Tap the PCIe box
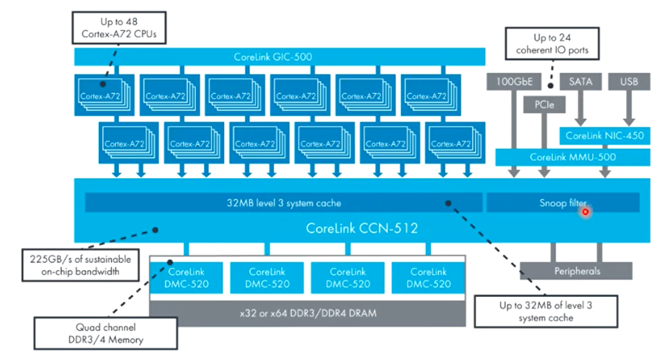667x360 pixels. pos(544,105)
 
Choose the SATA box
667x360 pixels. pos(580,82)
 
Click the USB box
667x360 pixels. pos(628,82)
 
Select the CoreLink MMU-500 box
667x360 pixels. pos(572,157)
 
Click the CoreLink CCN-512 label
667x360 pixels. pos(362,228)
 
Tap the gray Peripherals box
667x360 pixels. pos(576,271)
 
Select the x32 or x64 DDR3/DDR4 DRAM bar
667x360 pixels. pos(307,313)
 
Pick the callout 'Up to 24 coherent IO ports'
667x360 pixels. pos(552,44)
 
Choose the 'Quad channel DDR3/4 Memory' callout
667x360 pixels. pos(105,333)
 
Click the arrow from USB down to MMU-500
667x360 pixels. pos(628,108)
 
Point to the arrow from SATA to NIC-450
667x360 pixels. pos(580,108)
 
